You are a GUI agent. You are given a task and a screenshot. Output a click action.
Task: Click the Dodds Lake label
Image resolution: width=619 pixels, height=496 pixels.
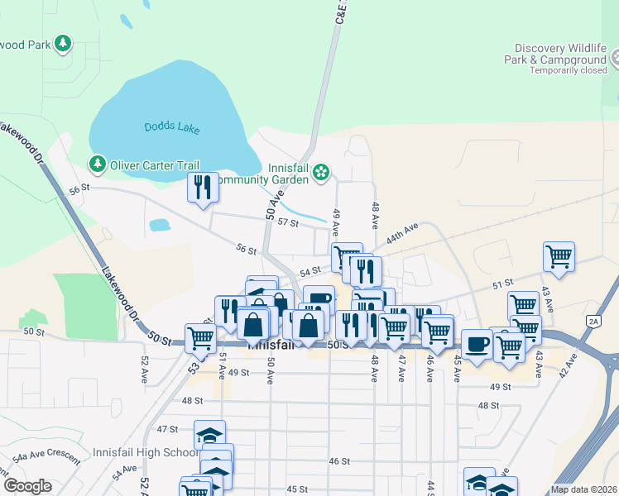point(168,126)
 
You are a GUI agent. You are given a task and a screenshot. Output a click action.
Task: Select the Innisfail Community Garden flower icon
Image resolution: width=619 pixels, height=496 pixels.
point(321,173)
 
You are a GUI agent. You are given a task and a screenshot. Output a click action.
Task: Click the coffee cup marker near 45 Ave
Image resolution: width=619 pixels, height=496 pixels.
point(476,344)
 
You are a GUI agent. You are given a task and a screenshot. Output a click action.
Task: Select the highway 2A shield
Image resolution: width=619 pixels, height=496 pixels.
point(593,321)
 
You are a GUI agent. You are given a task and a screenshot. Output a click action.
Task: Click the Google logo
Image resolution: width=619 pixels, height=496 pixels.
point(27,485)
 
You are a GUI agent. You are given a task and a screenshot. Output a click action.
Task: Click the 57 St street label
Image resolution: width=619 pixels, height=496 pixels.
point(288,222)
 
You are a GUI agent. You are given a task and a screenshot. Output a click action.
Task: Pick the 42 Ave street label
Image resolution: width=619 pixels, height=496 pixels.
point(566,365)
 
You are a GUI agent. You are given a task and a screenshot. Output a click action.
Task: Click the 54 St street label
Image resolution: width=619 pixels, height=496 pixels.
point(309,271)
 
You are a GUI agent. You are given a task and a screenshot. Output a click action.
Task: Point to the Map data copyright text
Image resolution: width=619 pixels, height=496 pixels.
point(583,489)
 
